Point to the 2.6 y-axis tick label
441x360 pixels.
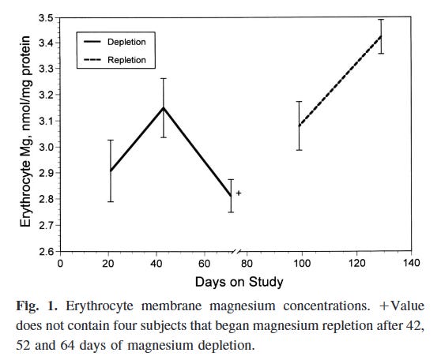[44, 251]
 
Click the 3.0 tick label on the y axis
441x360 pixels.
[44, 147]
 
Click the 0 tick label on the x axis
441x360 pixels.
[61, 264]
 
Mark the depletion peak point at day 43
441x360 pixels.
[164, 108]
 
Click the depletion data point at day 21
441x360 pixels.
[111, 171]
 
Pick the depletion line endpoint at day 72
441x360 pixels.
[231, 197]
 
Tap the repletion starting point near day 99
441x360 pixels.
[300, 126]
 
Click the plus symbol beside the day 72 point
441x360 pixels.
[238, 193]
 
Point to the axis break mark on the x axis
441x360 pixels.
[239, 252]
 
